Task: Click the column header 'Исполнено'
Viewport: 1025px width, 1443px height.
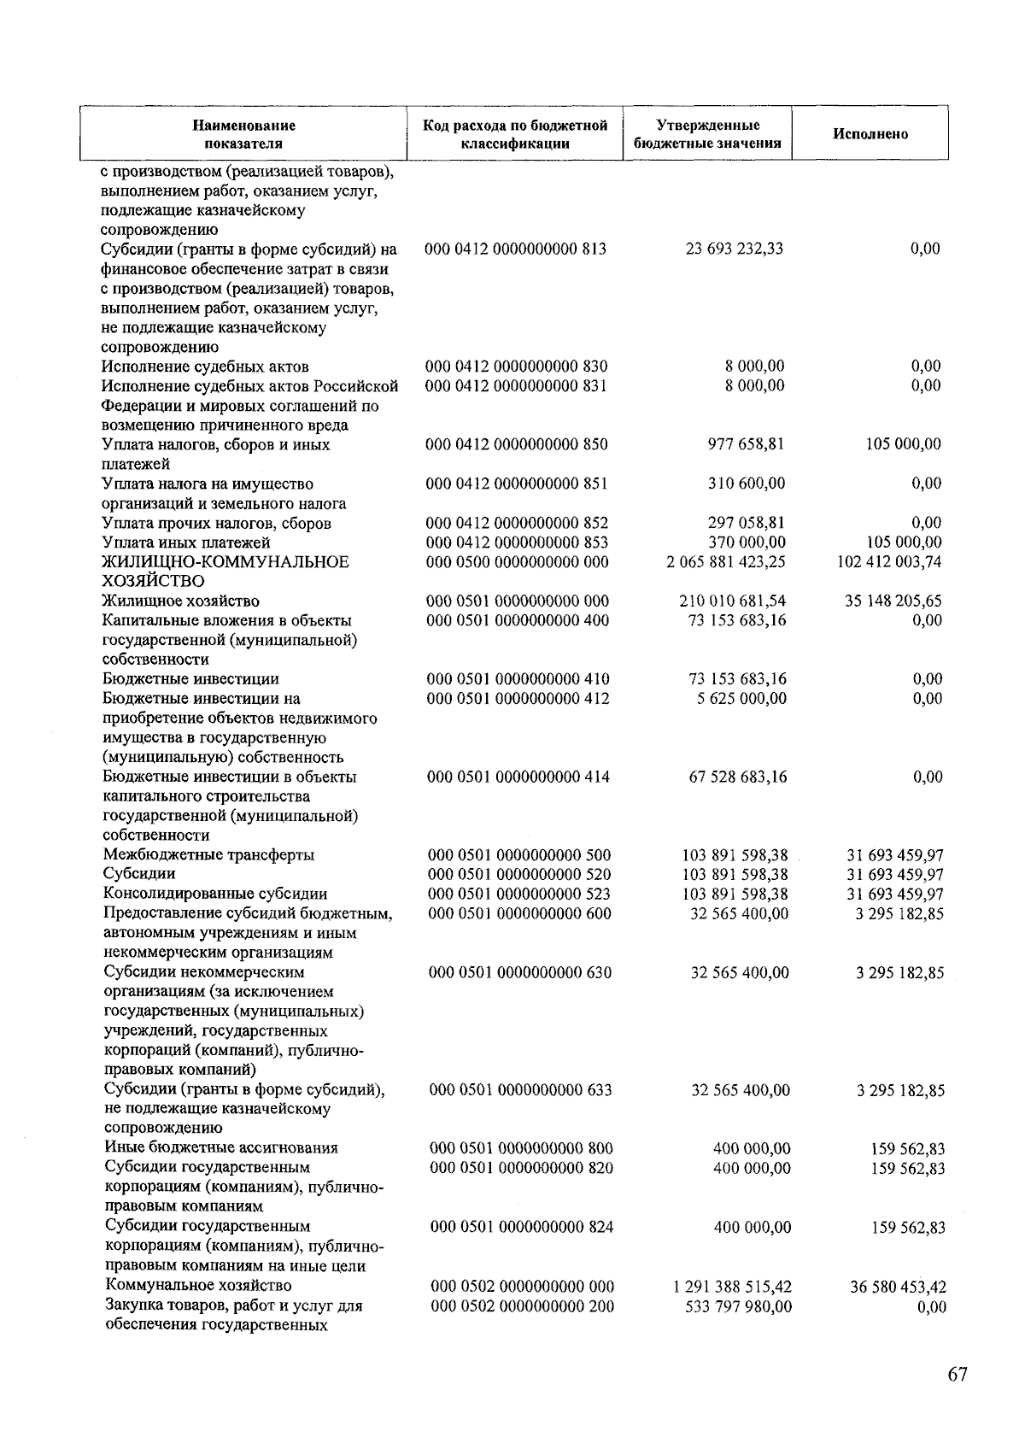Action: click(870, 134)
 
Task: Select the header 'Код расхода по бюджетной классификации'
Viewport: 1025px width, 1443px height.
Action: click(515, 134)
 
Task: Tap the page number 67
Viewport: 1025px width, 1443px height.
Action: click(957, 1375)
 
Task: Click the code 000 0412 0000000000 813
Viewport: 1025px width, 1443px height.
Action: click(516, 249)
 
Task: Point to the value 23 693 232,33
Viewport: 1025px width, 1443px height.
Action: click(734, 249)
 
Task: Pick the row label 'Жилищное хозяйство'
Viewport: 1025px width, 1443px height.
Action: click(181, 601)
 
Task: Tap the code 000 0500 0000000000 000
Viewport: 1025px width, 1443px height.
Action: click(517, 562)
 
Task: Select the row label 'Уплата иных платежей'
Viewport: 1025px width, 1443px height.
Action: click(186, 543)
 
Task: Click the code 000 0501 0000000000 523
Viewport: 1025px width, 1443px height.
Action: click(518, 895)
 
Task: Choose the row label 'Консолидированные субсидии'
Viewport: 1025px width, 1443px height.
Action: click(215, 895)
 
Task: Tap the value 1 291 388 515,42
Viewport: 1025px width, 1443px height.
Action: click(732, 1287)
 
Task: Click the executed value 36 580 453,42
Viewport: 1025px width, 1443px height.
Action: click(898, 1288)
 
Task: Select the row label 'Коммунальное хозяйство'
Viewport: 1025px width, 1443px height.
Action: click(198, 1286)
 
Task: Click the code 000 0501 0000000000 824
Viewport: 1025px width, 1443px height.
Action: click(521, 1228)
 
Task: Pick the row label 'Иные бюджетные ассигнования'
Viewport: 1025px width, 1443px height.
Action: click(221, 1148)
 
